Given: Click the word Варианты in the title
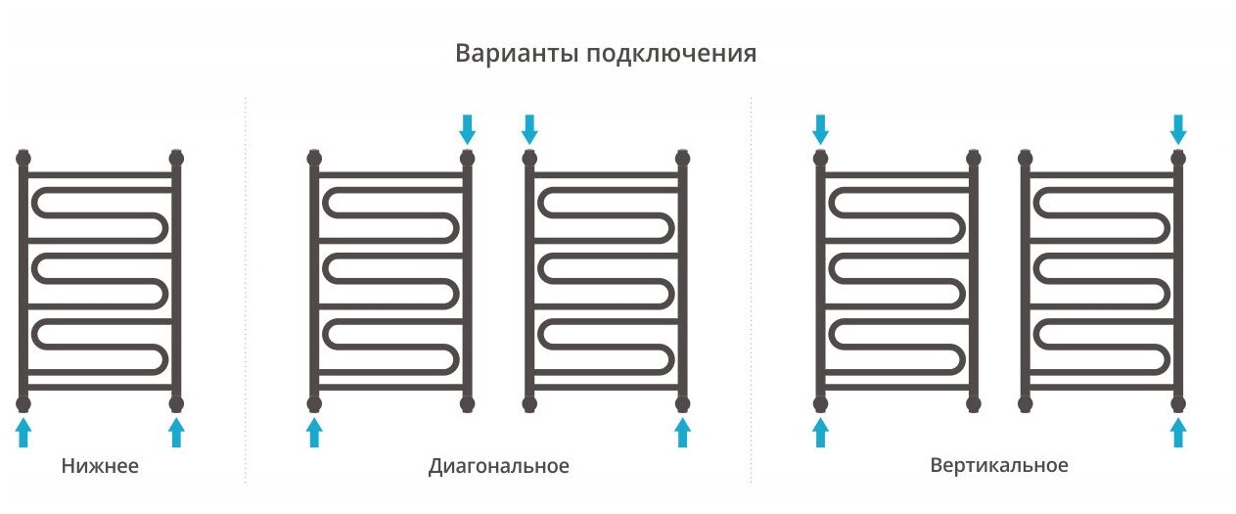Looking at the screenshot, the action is click(x=515, y=53).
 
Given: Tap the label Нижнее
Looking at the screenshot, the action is click(x=100, y=466).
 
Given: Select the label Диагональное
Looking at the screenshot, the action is click(x=498, y=466).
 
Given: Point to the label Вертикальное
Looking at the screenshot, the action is click(x=998, y=466).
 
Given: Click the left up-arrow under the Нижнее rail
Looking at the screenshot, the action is click(x=23, y=432).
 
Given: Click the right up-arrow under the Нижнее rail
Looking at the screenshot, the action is click(x=176, y=432).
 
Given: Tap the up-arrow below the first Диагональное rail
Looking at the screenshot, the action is click(x=314, y=432).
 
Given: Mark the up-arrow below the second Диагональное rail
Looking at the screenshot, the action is click(x=683, y=432).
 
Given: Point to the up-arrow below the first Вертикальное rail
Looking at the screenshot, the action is click(x=820, y=432).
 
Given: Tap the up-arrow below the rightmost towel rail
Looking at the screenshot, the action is click(x=1178, y=432).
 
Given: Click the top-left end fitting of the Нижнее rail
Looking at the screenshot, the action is click(x=23, y=157).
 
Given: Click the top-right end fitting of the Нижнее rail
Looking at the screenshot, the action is click(x=176, y=157).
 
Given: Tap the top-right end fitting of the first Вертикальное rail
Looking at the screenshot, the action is click(x=973, y=157).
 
